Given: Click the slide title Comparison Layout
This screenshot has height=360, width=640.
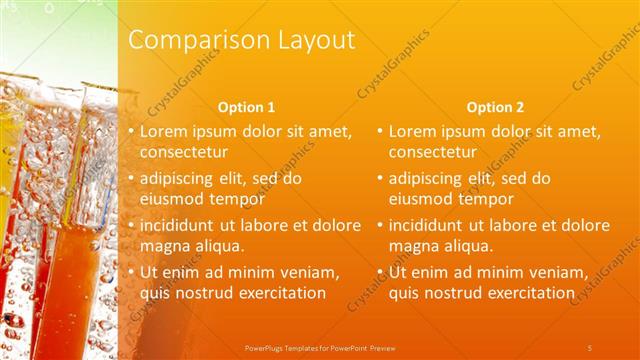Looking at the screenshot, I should point(242,41).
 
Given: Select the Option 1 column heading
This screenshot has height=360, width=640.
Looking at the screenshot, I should point(246,107).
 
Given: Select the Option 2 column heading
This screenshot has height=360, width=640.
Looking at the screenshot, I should point(494,107).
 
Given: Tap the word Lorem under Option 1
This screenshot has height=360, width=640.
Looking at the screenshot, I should point(162,131).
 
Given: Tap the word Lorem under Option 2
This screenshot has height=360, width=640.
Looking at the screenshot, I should point(411,131).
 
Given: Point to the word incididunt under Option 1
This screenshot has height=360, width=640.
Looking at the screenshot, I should point(181,225).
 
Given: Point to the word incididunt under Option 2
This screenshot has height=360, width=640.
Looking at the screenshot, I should point(430,225).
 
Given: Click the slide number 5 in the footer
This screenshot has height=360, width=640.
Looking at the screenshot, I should point(589,347).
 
